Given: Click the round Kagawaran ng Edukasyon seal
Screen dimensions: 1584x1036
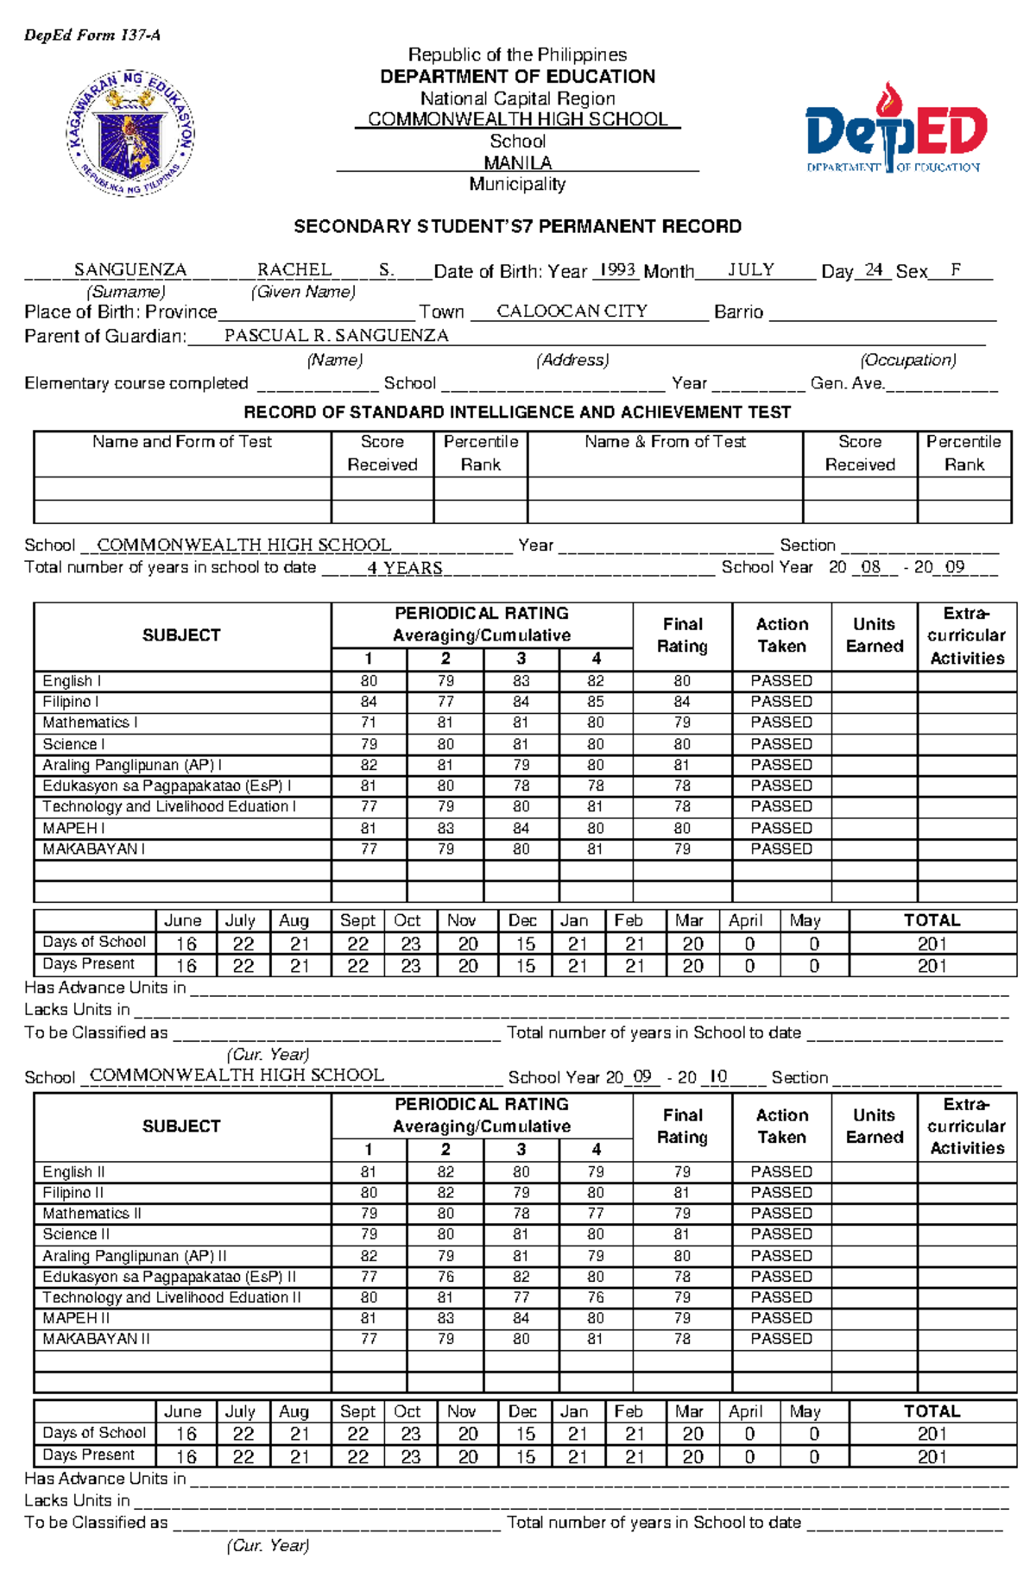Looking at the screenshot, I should pyautogui.click(x=131, y=133).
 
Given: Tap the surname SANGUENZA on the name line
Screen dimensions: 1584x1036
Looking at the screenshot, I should pyautogui.click(x=130, y=269).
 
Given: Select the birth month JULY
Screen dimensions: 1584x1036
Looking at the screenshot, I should pyautogui.click(x=750, y=269).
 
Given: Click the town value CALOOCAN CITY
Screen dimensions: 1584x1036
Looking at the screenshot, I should pyautogui.click(x=572, y=312).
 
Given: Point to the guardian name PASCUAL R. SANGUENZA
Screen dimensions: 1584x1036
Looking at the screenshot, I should pyautogui.click(x=336, y=336).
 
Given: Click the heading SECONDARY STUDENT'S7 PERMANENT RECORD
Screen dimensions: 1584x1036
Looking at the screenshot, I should pyautogui.click(x=517, y=226).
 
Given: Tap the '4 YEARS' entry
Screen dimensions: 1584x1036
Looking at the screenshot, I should pyautogui.click(x=404, y=568).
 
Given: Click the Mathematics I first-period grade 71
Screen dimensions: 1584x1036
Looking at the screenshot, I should pyautogui.click(x=369, y=723).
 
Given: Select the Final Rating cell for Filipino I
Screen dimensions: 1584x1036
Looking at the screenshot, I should pyautogui.click(x=682, y=702).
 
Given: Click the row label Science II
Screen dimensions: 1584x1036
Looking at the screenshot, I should pyautogui.click(x=76, y=1234).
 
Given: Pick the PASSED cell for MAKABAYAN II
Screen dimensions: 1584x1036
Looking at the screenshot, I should pyautogui.click(x=781, y=1339).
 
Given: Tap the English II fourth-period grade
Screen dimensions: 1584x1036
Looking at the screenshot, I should pyautogui.click(x=596, y=1172).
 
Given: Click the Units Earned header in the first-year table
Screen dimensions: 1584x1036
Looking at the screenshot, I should pyautogui.click(x=874, y=635).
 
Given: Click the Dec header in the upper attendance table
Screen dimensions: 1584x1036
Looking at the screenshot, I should pyautogui.click(x=522, y=920).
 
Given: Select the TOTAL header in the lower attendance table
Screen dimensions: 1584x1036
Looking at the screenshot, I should pyautogui.click(x=932, y=1411).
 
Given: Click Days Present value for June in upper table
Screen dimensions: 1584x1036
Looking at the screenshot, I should pyautogui.click(x=186, y=965).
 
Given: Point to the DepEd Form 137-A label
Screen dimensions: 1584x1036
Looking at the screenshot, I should pyautogui.click(x=92, y=35).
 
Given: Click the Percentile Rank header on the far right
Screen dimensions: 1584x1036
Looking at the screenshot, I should pyautogui.click(x=963, y=453).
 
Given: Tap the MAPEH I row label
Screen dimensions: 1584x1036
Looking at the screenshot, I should pyautogui.click(x=73, y=828).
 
